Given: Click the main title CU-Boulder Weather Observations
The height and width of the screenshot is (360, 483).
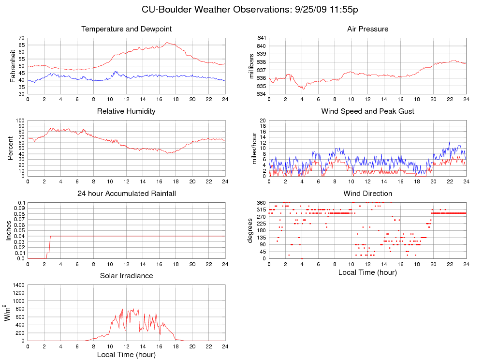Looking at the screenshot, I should (250, 10).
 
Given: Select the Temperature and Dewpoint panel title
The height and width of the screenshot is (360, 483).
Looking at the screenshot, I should (127, 29).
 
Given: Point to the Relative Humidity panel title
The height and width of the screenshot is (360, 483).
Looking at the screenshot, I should (127, 111).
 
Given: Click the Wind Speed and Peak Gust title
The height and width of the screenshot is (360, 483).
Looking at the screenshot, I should (367, 111).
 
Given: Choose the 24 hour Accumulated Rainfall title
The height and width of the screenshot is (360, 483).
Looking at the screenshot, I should (127, 194).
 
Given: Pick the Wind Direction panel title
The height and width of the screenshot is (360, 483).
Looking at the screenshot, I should (367, 194).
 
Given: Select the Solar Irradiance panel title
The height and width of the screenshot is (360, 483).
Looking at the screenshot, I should (127, 276).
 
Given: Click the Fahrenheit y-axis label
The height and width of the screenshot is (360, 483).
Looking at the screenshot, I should (13, 66).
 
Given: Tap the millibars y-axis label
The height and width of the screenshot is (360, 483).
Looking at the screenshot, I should (251, 66).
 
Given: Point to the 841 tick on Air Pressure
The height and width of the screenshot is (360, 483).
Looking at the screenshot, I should (260, 38).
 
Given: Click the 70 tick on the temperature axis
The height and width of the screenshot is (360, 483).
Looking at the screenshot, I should (21, 38).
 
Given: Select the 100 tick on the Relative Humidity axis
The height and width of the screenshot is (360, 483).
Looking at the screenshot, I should (20, 120).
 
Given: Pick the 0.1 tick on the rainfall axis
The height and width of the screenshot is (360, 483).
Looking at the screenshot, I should (21, 203).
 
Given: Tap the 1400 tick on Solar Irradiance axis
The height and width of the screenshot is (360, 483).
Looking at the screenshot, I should (18, 285).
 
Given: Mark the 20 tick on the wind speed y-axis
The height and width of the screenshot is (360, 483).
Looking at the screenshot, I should (263, 120).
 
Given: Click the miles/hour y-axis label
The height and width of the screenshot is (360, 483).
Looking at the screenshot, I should (251, 148).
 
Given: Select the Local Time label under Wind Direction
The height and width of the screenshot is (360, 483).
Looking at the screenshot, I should (367, 272).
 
